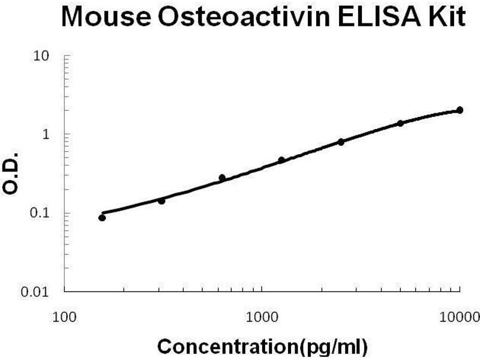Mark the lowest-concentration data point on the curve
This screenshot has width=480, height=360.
(102, 218)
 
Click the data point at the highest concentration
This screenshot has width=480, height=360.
(460, 110)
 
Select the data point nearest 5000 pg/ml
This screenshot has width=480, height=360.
(400, 123)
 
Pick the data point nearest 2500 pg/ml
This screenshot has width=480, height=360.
(341, 142)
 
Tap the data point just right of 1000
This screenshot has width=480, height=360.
(281, 160)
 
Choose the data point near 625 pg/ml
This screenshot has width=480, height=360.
(222, 178)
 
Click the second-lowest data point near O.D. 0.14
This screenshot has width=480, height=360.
(161, 201)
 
